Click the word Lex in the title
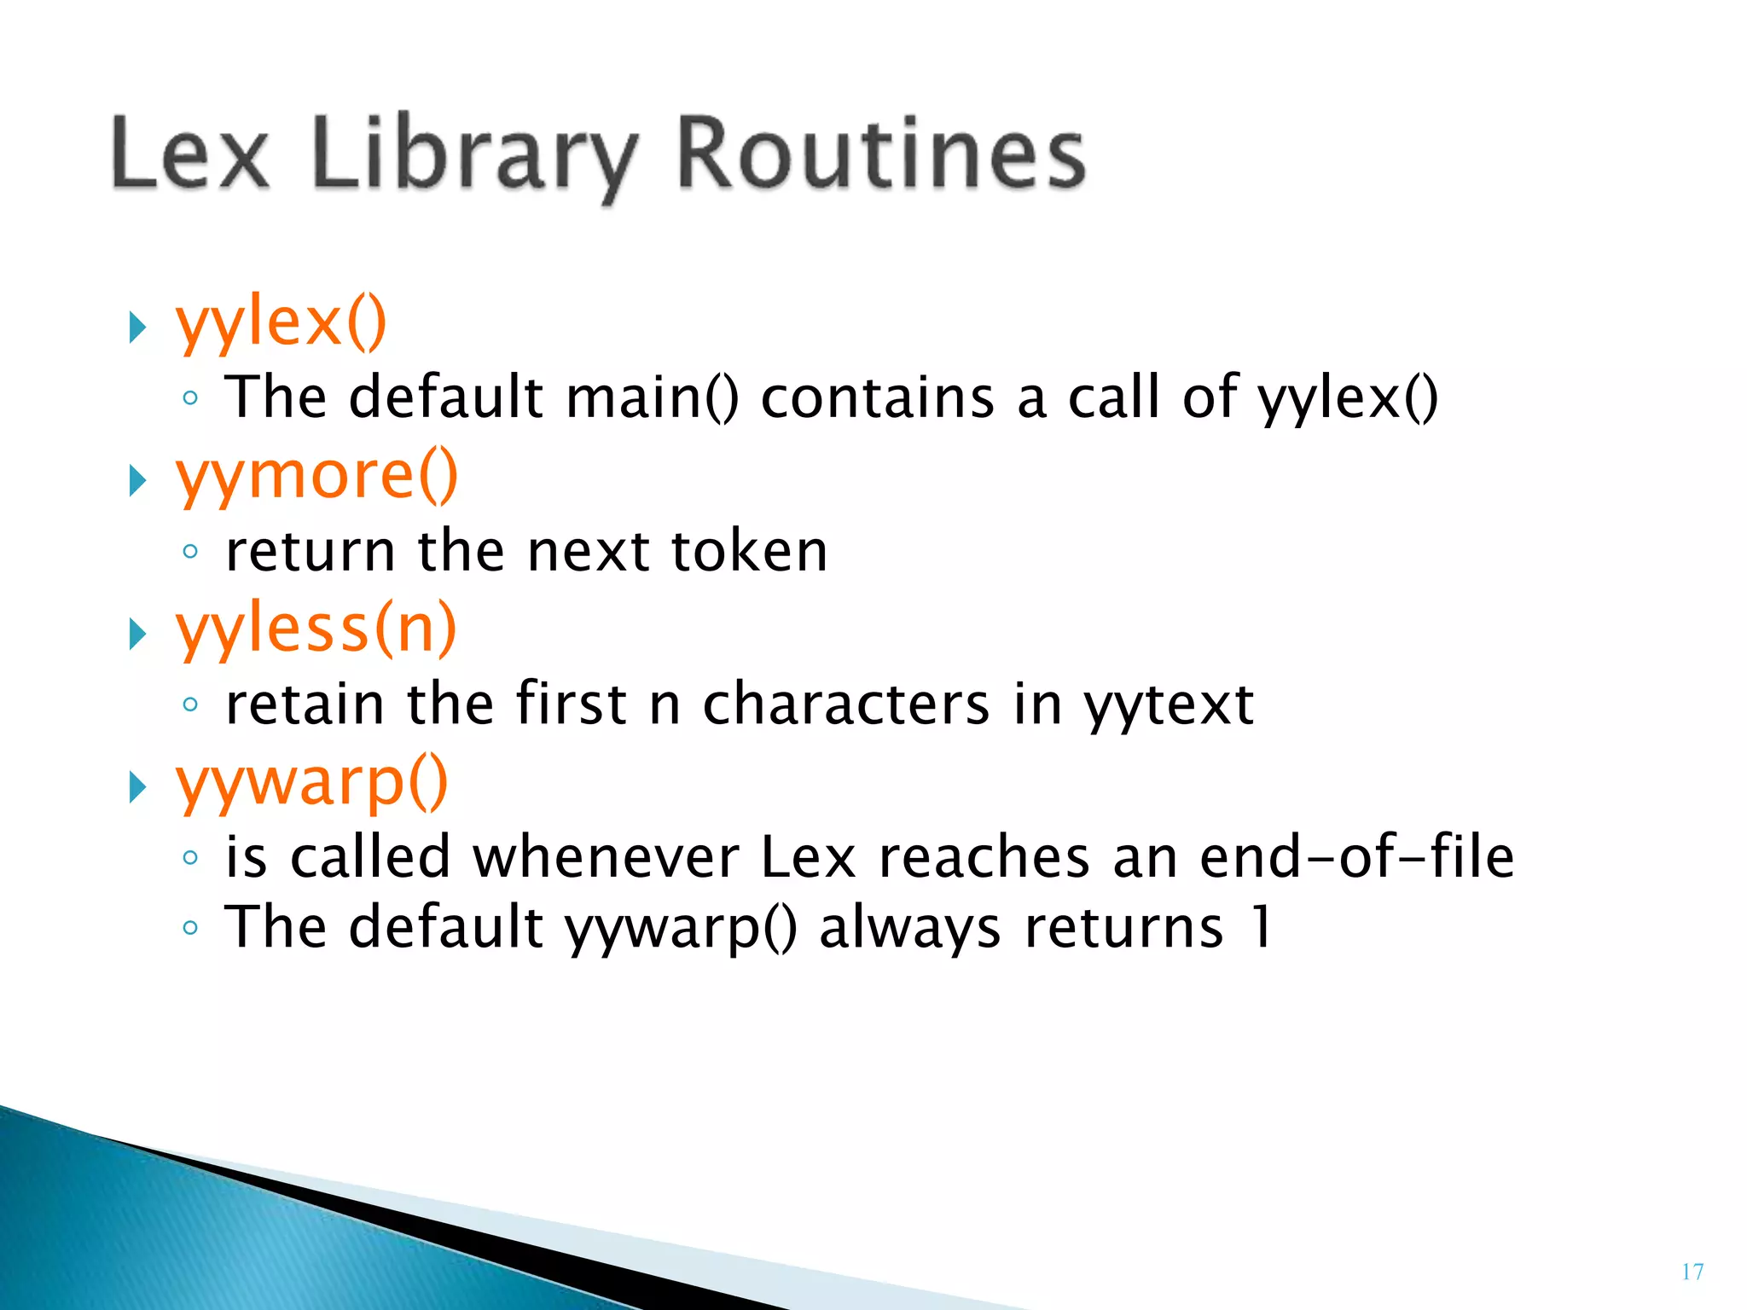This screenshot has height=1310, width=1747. [189, 154]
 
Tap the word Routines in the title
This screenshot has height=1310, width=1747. [881, 154]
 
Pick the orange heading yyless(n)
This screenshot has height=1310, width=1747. [316, 629]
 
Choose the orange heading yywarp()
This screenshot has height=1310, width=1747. [312, 783]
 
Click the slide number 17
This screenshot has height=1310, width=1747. [1692, 1272]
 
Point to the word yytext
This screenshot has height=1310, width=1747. [1169, 705]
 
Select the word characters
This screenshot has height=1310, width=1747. [846, 704]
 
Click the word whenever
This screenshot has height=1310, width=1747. [606, 857]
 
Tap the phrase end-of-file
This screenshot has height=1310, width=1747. [1356, 857]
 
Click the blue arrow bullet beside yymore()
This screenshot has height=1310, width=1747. [137, 481]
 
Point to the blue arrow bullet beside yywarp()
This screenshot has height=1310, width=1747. [137, 787]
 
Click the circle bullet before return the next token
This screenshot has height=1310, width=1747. [190, 552]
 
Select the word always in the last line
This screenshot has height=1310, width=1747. [909, 929]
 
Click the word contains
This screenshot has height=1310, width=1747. [878, 397]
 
